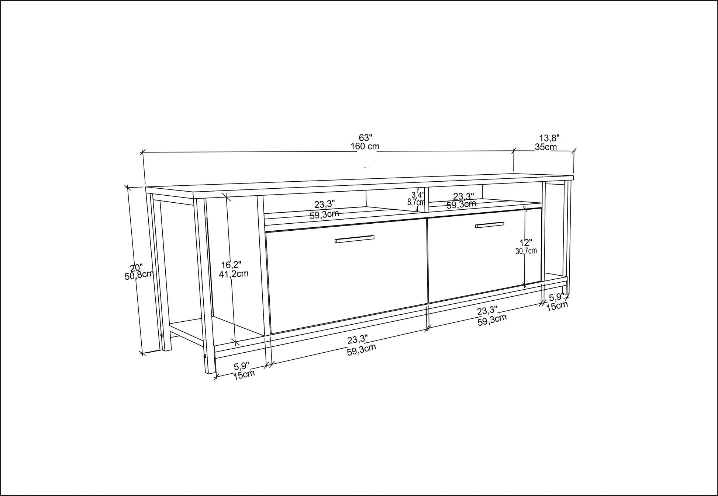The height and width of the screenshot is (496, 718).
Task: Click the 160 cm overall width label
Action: pyautogui.click(x=365, y=146)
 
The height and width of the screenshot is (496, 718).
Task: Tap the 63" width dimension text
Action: pyautogui.click(x=365, y=137)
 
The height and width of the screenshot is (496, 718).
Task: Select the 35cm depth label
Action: pyautogui.click(x=546, y=147)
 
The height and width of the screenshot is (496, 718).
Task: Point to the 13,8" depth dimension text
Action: pyautogui.click(x=549, y=138)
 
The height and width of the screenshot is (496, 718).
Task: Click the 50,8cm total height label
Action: pyautogui.click(x=139, y=275)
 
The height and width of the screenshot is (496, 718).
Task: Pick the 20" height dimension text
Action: pyautogui.click(x=136, y=268)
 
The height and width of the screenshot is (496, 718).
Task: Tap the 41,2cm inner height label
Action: pyautogui.click(x=234, y=274)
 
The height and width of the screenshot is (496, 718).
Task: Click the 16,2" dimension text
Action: pyautogui.click(x=231, y=265)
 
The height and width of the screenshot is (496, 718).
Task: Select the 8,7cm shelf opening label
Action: pyautogui.click(x=416, y=202)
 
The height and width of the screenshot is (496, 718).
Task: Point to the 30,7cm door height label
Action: pyautogui.click(x=526, y=251)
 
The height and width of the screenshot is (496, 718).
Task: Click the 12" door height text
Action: pyautogui.click(x=526, y=243)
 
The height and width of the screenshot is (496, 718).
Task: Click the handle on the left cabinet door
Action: pyautogui.click(x=355, y=239)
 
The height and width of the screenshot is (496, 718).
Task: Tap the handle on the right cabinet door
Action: pyautogui.click(x=490, y=225)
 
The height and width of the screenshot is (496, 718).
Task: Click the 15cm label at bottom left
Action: pyautogui.click(x=244, y=375)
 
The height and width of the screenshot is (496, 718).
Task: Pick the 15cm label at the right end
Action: pyautogui.click(x=557, y=306)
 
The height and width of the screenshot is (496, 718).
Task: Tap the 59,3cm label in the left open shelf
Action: pyautogui.click(x=324, y=214)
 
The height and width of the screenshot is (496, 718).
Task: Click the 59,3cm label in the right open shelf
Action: pyautogui.click(x=461, y=204)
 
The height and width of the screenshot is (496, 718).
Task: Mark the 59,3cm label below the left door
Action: pyautogui.click(x=361, y=349)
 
